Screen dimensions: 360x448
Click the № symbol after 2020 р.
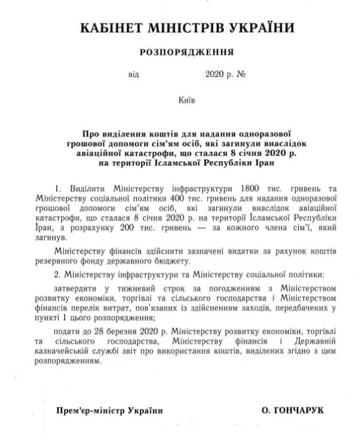point(241,74)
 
